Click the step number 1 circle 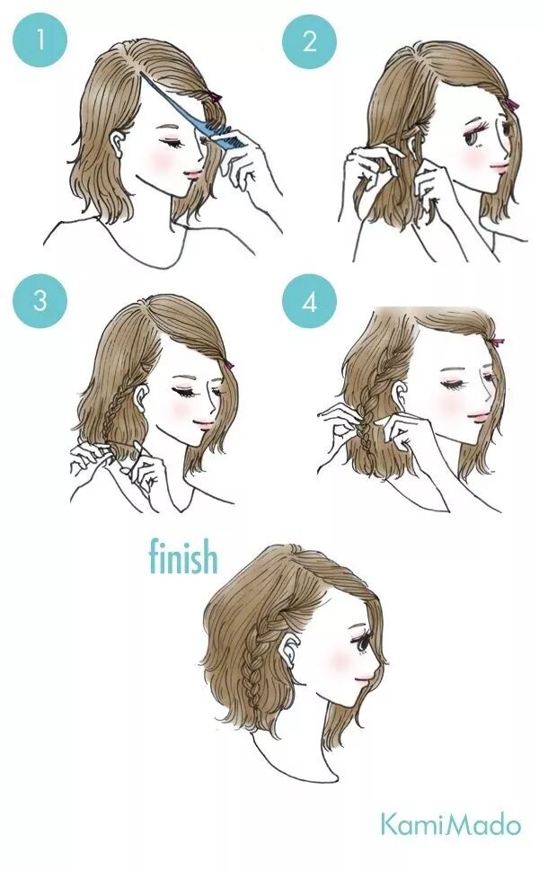tap(40, 40)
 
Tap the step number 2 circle tap(309, 40)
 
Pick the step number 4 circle tap(309, 301)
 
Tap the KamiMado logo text tap(450, 824)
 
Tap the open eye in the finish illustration tap(363, 644)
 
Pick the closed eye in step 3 tap(183, 392)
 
